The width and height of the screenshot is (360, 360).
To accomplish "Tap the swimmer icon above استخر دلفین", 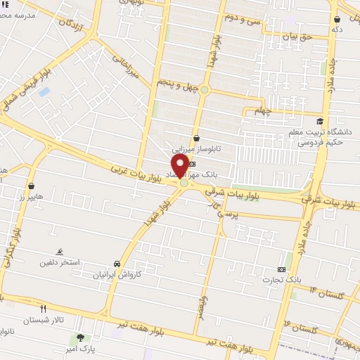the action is (x=60, y=252).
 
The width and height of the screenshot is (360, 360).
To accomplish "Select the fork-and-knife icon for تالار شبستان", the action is (x=44, y=308).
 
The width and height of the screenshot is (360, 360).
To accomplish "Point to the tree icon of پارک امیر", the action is (x=80, y=338).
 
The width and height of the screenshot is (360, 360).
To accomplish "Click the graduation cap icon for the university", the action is (x=321, y=121).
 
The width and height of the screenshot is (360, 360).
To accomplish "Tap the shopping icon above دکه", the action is (x=337, y=19).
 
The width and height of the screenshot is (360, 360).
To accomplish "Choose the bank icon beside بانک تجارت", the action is (x=282, y=269).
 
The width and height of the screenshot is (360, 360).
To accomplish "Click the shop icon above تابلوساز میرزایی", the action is (x=196, y=138).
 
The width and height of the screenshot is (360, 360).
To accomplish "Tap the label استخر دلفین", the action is (x=60, y=262).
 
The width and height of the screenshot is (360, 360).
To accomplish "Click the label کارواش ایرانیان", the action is (x=117, y=275).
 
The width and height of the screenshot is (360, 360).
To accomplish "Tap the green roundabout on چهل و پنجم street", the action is (x=205, y=89).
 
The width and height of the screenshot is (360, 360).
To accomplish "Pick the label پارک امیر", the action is (x=96, y=348).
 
